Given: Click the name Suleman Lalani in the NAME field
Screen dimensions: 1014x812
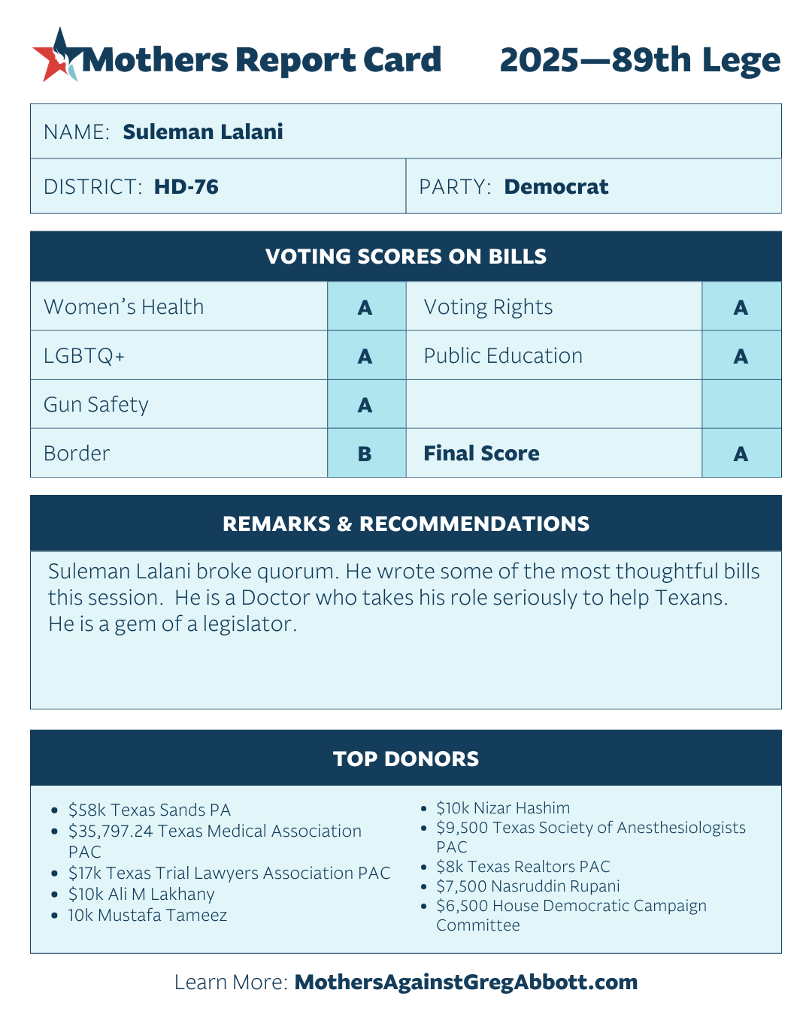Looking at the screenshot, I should (x=203, y=131).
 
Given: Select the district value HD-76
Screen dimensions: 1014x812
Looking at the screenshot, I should (x=186, y=186).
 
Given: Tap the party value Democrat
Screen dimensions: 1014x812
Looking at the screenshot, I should (x=556, y=186).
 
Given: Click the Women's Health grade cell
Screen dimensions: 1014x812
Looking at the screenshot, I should (x=365, y=307).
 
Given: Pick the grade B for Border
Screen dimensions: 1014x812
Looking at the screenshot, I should (x=365, y=454).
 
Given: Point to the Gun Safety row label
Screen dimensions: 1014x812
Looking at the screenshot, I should (x=96, y=405).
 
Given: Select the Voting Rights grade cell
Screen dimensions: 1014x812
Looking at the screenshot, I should (x=741, y=307).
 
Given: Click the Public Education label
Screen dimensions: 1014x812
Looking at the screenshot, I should (x=503, y=356).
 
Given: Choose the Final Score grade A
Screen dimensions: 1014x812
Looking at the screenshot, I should (x=741, y=454).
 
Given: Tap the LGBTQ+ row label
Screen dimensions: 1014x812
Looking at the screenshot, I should (x=84, y=356).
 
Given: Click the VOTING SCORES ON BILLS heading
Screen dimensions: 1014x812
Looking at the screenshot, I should (x=406, y=257).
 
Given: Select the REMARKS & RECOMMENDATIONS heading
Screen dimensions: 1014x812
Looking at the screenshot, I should (x=406, y=524).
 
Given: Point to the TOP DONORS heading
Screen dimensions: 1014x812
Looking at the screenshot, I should (x=406, y=759).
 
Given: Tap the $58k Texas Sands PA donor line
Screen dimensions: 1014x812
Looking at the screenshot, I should (x=149, y=810).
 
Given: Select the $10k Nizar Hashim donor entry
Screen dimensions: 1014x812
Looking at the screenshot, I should (x=503, y=808).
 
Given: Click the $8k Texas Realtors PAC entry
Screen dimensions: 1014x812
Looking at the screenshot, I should (x=523, y=867).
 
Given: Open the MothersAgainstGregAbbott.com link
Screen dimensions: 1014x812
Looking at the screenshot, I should (x=466, y=982).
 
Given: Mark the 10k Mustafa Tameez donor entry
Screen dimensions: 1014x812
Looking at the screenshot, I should (x=147, y=915).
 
